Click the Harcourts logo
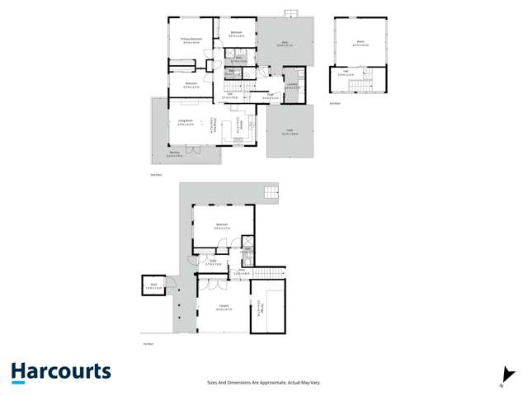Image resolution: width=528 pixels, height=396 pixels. pos(61,371)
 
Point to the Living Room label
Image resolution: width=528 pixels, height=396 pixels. pos(185,124)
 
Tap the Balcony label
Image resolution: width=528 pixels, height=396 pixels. pos(173,153)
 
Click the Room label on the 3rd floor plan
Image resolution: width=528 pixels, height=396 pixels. pos(359,42)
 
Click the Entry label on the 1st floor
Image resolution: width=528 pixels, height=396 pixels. pos(213,262)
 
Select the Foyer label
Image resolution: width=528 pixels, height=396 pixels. pos(270,96)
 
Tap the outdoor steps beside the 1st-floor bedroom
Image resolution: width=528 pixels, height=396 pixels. pos(270,193)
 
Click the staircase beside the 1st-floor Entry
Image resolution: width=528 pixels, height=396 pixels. pos(268,273)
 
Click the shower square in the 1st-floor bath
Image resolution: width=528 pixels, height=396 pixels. pos(248,243)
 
